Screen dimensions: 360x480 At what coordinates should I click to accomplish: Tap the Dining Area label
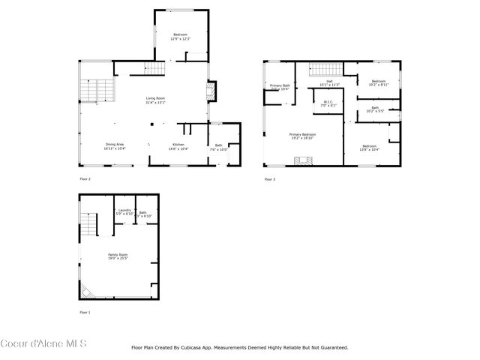click(x=115, y=146)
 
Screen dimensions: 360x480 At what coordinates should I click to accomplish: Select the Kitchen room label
click(x=178, y=146)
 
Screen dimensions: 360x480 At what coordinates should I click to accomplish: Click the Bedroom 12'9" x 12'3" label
click(x=181, y=37)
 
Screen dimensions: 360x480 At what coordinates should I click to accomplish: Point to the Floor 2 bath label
click(x=219, y=147)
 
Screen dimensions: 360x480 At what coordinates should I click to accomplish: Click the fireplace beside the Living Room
click(x=210, y=91)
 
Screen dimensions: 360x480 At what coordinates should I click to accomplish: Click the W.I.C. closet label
click(x=328, y=103)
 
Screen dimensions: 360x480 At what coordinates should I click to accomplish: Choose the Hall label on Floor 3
click(x=329, y=82)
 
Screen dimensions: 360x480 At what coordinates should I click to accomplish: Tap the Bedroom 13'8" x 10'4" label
click(x=369, y=147)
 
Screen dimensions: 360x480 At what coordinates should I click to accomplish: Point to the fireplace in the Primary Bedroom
click(x=304, y=160)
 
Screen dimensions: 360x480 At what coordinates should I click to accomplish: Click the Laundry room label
click(x=124, y=213)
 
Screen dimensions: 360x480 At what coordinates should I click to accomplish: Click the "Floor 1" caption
click(x=85, y=312)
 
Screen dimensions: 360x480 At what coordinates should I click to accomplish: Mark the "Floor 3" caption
click(x=269, y=179)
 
